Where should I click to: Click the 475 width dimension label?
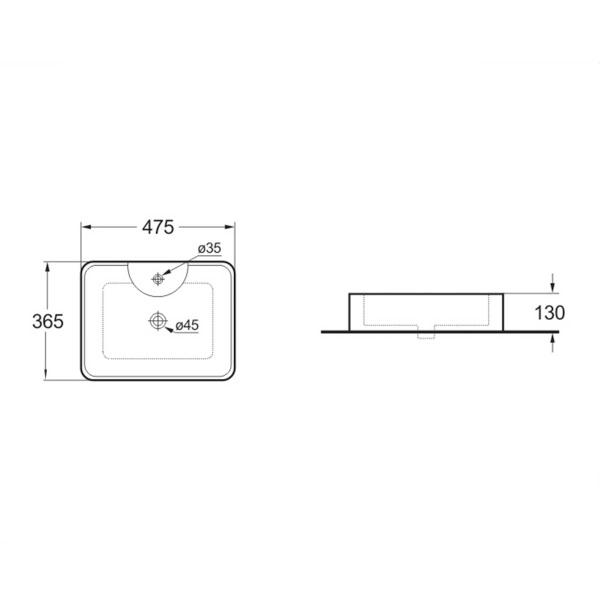tap(158, 227)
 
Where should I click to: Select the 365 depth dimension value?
tap(48, 321)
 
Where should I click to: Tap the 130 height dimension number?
tap(549, 313)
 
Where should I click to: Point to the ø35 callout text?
tap(210, 248)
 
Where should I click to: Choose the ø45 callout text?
tap(187, 325)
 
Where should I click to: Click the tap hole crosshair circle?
tap(158, 279)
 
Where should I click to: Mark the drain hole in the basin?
tap(158, 321)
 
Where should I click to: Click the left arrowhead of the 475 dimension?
tap(86, 227)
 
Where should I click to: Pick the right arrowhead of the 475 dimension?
tap(230, 227)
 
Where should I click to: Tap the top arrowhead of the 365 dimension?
tap(47, 267)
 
